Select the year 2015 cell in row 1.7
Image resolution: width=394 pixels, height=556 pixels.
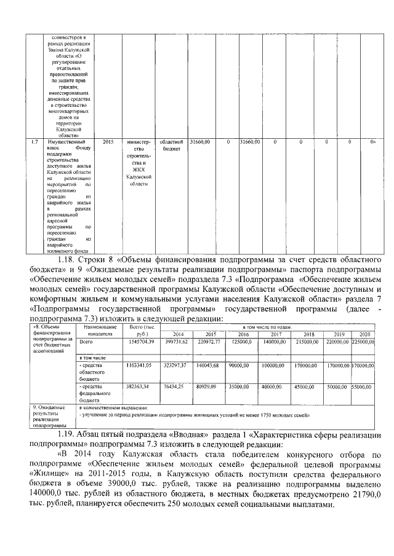[108, 142]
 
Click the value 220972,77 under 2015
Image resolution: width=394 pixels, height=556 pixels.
[208, 341]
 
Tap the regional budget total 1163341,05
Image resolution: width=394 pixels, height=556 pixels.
[139, 365]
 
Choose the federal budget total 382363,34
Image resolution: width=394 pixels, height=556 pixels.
[139, 387]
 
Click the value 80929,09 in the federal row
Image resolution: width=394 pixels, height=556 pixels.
[207, 387]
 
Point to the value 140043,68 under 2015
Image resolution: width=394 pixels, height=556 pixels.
[208, 365]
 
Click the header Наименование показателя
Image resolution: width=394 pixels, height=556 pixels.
[96, 331]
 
